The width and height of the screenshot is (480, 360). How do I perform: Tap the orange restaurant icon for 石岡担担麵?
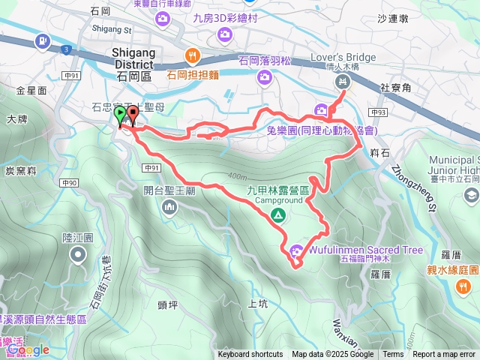[193, 55]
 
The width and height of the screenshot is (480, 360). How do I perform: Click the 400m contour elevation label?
[236, 176]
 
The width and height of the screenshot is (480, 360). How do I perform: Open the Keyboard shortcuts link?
[250, 355]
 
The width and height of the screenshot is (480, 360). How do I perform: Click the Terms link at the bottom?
[393, 355]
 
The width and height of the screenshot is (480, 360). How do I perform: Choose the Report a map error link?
[444, 355]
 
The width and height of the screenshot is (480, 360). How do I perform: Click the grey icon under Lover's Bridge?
[343, 81]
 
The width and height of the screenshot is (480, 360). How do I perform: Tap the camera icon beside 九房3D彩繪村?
[223, 34]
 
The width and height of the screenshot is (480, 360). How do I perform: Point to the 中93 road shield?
[378, 112]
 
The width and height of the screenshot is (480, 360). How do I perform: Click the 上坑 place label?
[256, 304]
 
